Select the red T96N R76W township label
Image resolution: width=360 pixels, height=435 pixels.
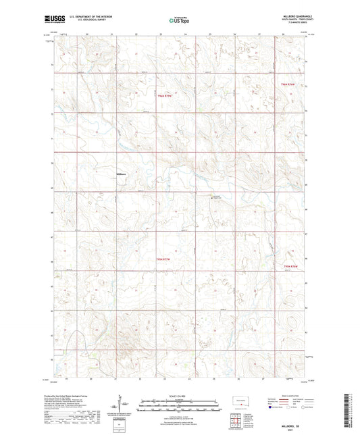[288, 84]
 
